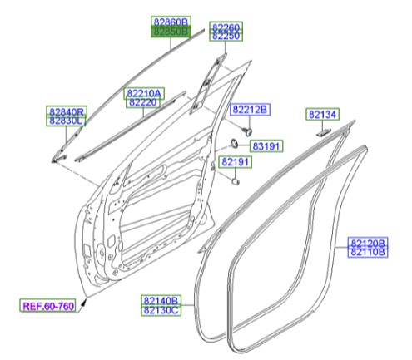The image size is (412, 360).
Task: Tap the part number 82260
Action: click(225, 27)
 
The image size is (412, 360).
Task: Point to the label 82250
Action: click(225, 37)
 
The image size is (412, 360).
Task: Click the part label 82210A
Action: click(144, 93)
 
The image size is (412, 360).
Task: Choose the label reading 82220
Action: click(144, 102)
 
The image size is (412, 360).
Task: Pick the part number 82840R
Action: click(66, 111)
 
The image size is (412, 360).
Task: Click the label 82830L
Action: click(66, 121)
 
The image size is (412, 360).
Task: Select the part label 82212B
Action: click(251, 111)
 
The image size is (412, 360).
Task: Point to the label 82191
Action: click(236, 161)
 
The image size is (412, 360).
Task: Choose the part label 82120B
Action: click(367, 243)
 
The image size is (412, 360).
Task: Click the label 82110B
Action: click(367, 252)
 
